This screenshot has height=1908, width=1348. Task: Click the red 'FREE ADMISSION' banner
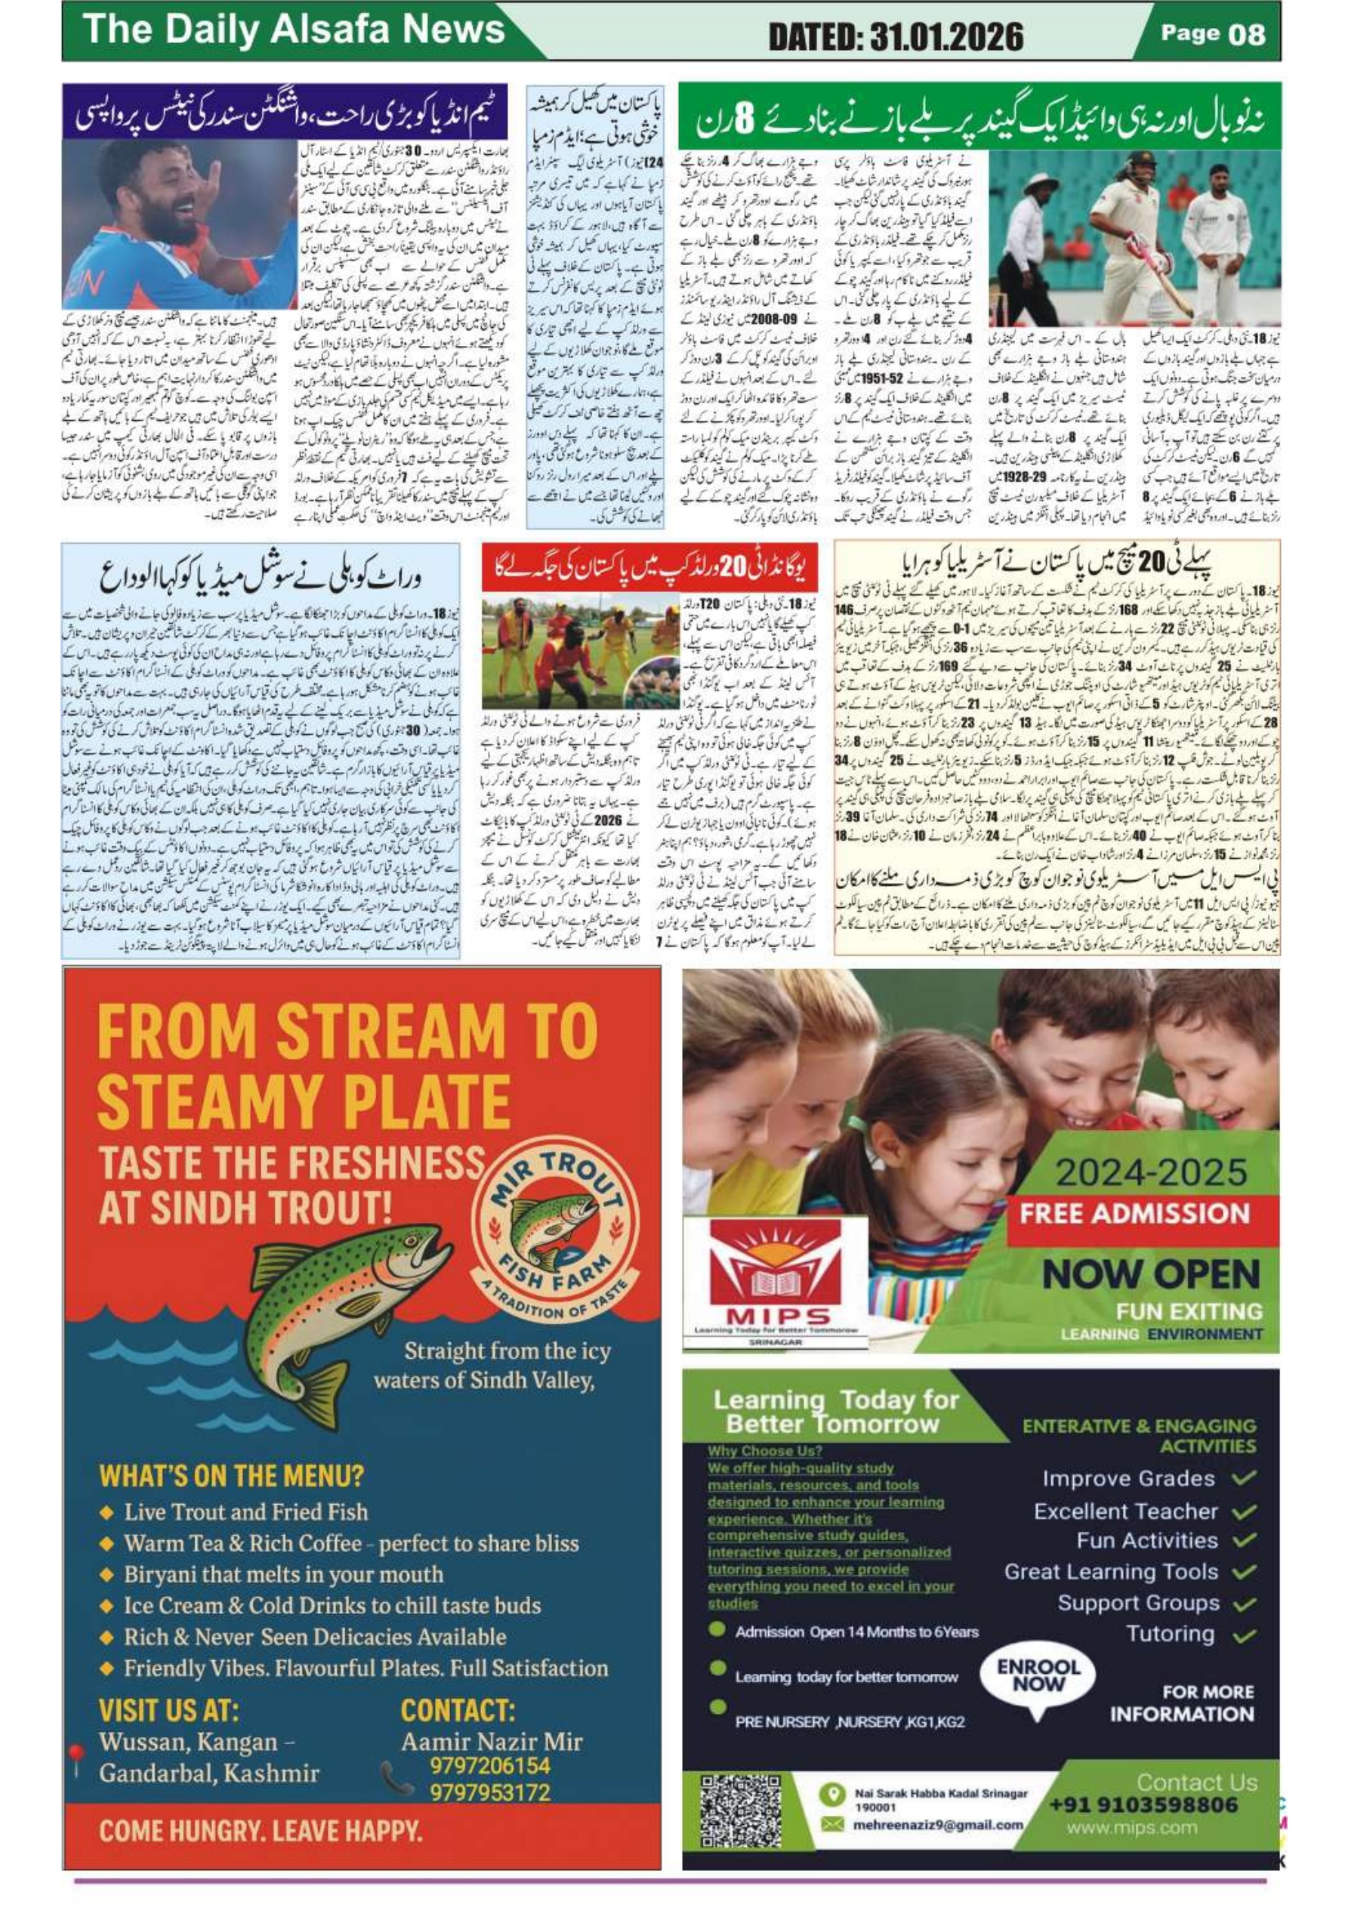click(x=1135, y=1212)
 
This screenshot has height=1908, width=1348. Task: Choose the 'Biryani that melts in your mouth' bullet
click(x=283, y=1574)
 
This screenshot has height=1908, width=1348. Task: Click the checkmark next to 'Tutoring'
click(x=1243, y=1636)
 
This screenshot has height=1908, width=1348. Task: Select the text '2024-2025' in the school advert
click(x=1150, y=1172)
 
